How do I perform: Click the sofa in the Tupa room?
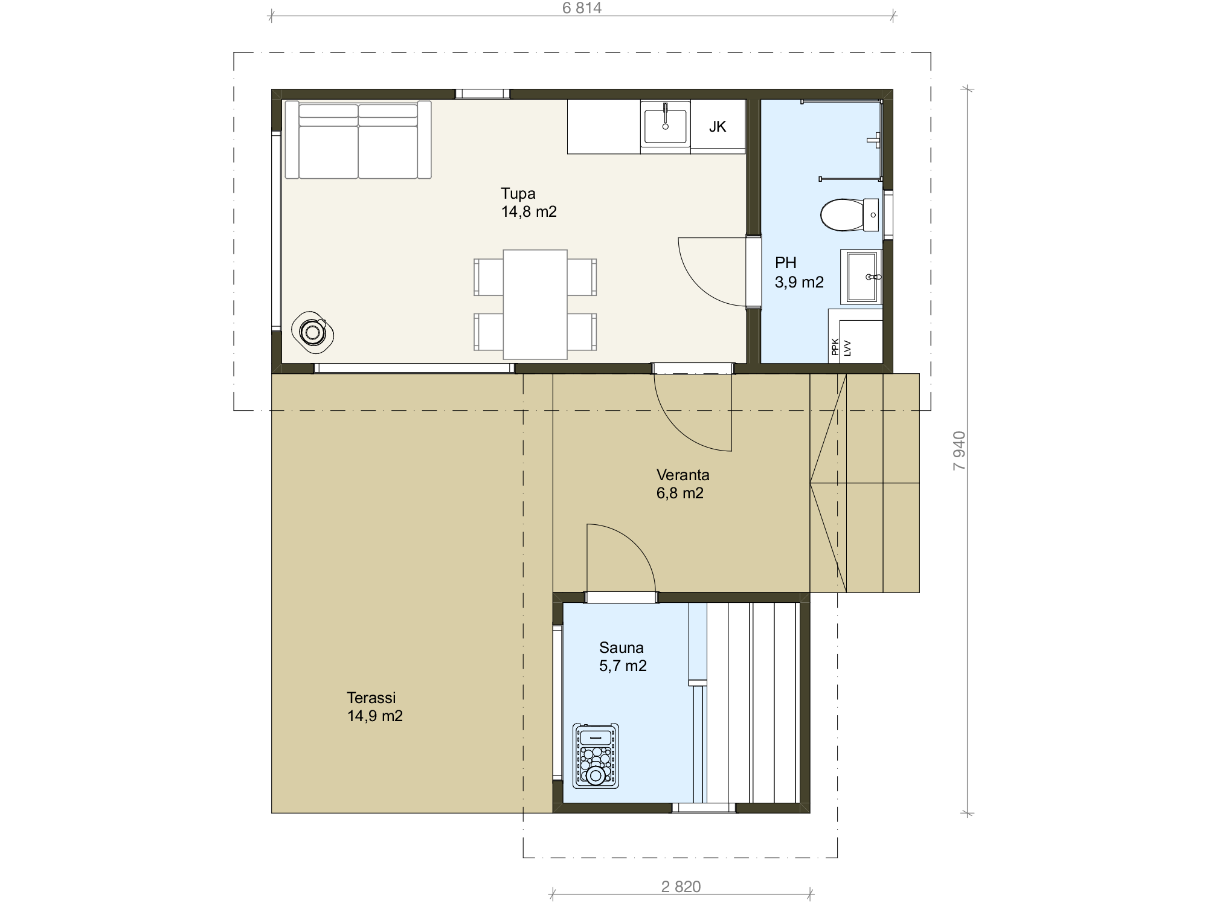point(358,140)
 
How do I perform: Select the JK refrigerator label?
point(718,126)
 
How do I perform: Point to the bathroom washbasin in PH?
point(861,277)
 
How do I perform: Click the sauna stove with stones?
point(596,756)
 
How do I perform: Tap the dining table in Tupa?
point(535,304)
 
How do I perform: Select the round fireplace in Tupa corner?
point(313,332)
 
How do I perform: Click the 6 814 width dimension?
point(582,8)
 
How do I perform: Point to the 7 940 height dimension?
point(959,451)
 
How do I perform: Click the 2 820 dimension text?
point(681,887)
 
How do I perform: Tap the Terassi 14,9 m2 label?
point(374,707)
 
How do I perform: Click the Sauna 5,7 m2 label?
point(623,657)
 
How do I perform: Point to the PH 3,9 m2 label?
point(799,272)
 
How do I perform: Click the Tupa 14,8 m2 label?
point(528,202)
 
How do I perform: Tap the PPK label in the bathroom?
point(835,347)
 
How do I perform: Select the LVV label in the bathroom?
point(847,348)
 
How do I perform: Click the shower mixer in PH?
point(875,140)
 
